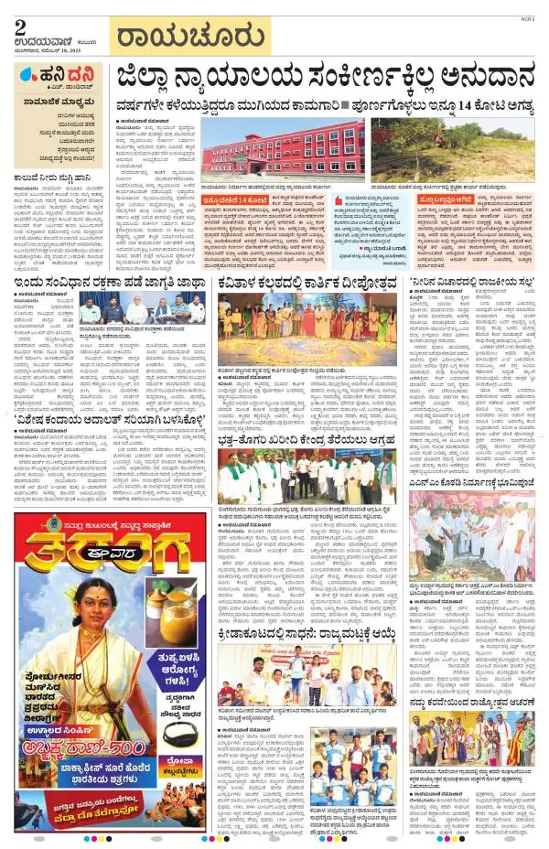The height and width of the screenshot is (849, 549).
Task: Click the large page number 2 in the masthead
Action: coord(20,27)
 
